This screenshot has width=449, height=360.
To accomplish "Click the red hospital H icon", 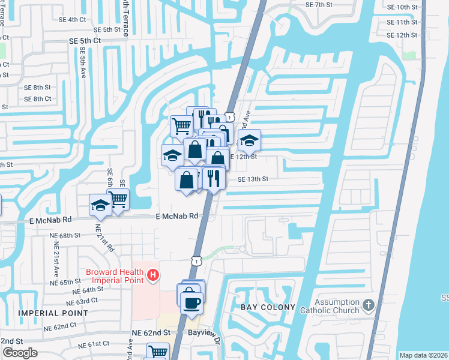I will coord(153,275).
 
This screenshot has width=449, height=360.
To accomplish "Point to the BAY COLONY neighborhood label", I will coord(268,307).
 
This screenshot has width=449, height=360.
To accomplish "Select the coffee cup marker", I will coord(191,302).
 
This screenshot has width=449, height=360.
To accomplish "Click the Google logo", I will coord(19,352).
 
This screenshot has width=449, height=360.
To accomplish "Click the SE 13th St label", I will coord(253,179).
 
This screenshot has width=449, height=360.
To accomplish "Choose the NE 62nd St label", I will coord(151,332).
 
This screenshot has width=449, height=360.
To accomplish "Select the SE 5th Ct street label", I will coord(85,41).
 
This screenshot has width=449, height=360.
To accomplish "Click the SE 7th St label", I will coord(319,5).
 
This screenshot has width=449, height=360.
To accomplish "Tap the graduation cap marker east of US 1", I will coord(249,141).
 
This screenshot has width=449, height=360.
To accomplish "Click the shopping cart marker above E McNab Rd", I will coord(119,198).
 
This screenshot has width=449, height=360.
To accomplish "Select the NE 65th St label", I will coord(65,281).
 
